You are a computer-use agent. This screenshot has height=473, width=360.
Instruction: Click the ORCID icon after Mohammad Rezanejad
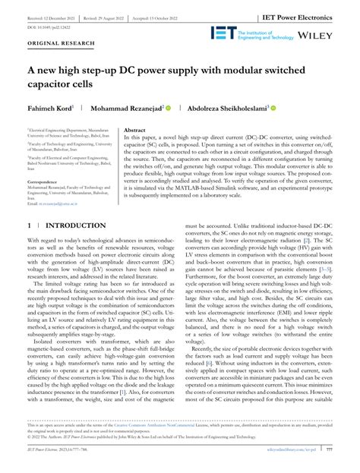click(x=190, y=109)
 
